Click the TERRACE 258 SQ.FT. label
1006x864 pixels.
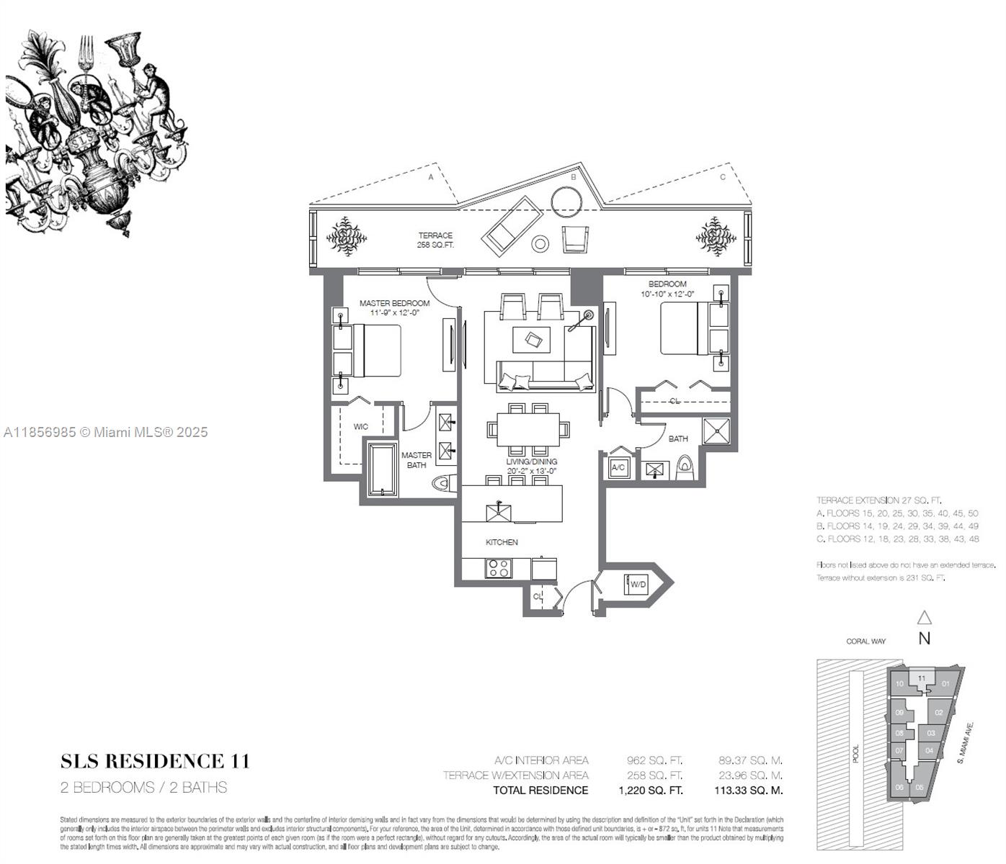(435, 240)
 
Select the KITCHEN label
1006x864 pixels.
(502, 542)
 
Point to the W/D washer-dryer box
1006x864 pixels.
(638, 584)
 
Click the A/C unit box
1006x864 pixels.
(618, 467)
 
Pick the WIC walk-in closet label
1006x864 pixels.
(360, 426)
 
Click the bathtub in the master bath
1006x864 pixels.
(383, 469)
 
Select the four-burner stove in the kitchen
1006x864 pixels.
(498, 568)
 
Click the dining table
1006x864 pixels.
(528, 429)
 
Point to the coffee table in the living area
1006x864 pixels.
(531, 339)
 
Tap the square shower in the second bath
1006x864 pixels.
(716, 431)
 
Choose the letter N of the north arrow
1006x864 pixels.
(924, 638)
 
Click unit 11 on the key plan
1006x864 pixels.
(921, 678)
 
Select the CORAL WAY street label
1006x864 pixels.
(866, 641)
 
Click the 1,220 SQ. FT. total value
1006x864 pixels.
(650, 790)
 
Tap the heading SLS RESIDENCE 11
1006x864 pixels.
(155, 761)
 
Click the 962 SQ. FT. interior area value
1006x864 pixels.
(654, 760)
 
